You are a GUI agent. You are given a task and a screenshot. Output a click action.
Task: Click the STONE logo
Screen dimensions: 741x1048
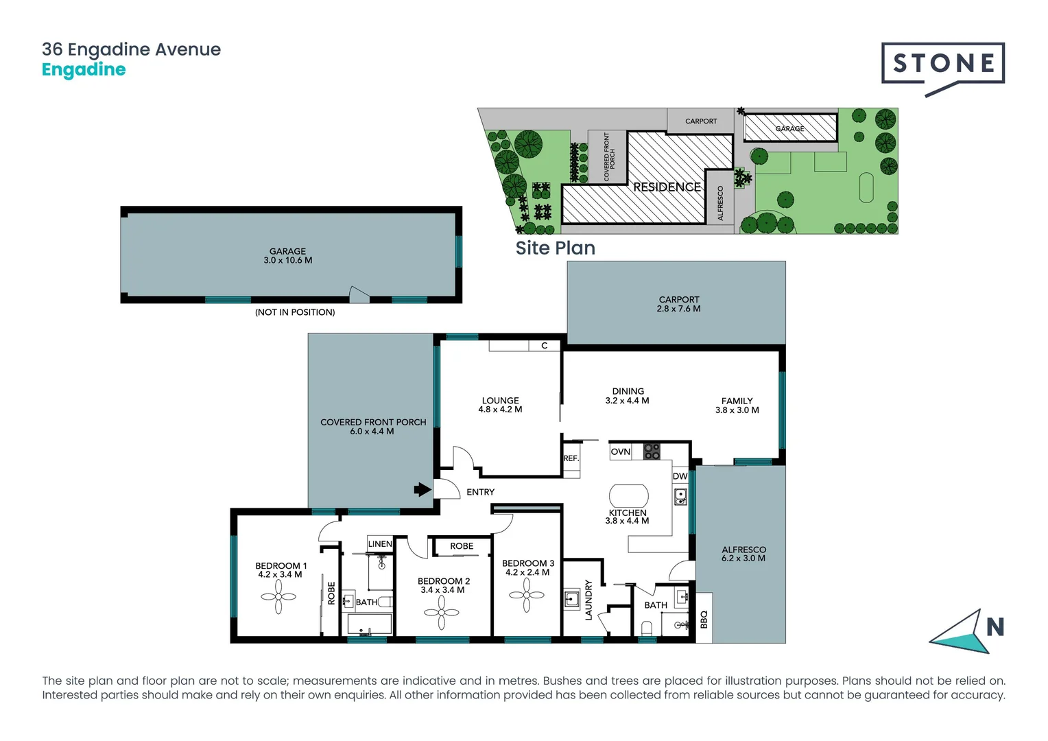[x=943, y=64]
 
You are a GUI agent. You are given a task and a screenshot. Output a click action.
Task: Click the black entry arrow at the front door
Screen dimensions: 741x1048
[x=422, y=489]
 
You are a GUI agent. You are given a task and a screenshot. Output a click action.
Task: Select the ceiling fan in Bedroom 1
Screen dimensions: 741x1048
[x=278, y=597]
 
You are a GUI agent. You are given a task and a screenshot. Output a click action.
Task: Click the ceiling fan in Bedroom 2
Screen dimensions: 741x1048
[x=441, y=613]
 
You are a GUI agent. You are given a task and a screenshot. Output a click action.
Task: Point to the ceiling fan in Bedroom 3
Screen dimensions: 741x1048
[x=527, y=595]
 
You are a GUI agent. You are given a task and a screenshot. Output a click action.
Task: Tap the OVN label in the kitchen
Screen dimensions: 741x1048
[x=620, y=451]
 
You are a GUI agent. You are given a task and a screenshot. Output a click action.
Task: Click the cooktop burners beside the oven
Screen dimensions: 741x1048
[x=652, y=451]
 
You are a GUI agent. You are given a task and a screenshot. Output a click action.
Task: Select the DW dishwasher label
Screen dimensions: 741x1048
[x=680, y=476]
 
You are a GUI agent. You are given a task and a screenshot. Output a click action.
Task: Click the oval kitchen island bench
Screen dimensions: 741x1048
[x=629, y=496]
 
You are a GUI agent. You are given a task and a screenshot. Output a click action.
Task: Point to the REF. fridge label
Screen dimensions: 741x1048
[x=571, y=458]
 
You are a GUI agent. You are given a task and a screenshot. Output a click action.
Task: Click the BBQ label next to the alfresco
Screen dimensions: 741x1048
[x=704, y=620]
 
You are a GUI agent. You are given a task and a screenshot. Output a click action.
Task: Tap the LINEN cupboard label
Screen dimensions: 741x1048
[x=380, y=544]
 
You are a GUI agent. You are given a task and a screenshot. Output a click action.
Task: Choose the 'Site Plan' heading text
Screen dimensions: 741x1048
[x=555, y=248]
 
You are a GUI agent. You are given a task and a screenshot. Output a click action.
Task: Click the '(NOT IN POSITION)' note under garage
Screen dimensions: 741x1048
[x=295, y=312]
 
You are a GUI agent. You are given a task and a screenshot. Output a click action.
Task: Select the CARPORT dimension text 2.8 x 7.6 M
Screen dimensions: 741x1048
[x=678, y=309]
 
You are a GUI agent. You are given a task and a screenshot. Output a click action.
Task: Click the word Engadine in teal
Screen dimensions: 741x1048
[x=84, y=69]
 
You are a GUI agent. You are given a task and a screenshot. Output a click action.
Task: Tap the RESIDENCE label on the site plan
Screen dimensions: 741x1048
[x=667, y=187]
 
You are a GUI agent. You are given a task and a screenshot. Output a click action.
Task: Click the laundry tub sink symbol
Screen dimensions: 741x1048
[x=571, y=600]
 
